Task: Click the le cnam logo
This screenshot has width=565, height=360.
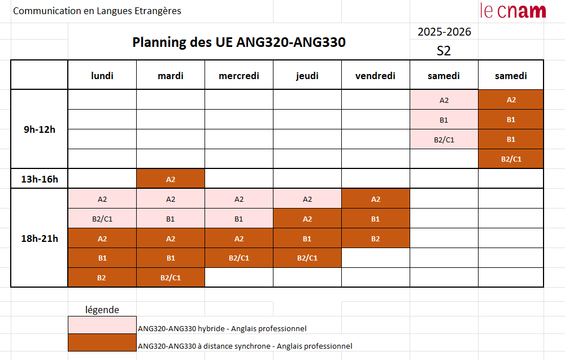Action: [512, 10]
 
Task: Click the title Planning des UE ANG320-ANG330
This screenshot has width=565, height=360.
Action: [238, 42]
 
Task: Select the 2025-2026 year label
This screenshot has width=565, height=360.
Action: [444, 32]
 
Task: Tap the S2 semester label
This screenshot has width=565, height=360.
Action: [444, 50]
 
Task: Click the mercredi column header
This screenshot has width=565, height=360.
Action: [239, 76]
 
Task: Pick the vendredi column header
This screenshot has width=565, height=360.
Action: [375, 76]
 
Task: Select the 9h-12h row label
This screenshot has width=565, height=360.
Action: [40, 129]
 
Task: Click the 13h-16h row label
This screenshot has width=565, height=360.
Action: [40, 179]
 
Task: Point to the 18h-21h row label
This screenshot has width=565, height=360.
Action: [40, 238]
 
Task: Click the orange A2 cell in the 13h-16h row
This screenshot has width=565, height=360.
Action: [171, 179]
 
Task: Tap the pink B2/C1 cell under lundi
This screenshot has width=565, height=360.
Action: [102, 219]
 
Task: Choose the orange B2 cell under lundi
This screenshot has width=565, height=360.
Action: [102, 277]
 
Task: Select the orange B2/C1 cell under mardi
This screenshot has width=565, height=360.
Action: [171, 277]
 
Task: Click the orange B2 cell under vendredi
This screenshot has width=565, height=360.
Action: [375, 238]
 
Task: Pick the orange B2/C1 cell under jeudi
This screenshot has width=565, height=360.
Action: [307, 258]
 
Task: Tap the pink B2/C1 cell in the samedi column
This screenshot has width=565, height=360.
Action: [444, 140]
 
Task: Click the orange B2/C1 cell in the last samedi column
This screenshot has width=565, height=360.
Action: [511, 159]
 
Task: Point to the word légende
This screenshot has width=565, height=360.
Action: [102, 310]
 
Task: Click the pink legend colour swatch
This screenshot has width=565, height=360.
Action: [102, 326]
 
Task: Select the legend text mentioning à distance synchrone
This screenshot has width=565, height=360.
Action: [245, 346]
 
